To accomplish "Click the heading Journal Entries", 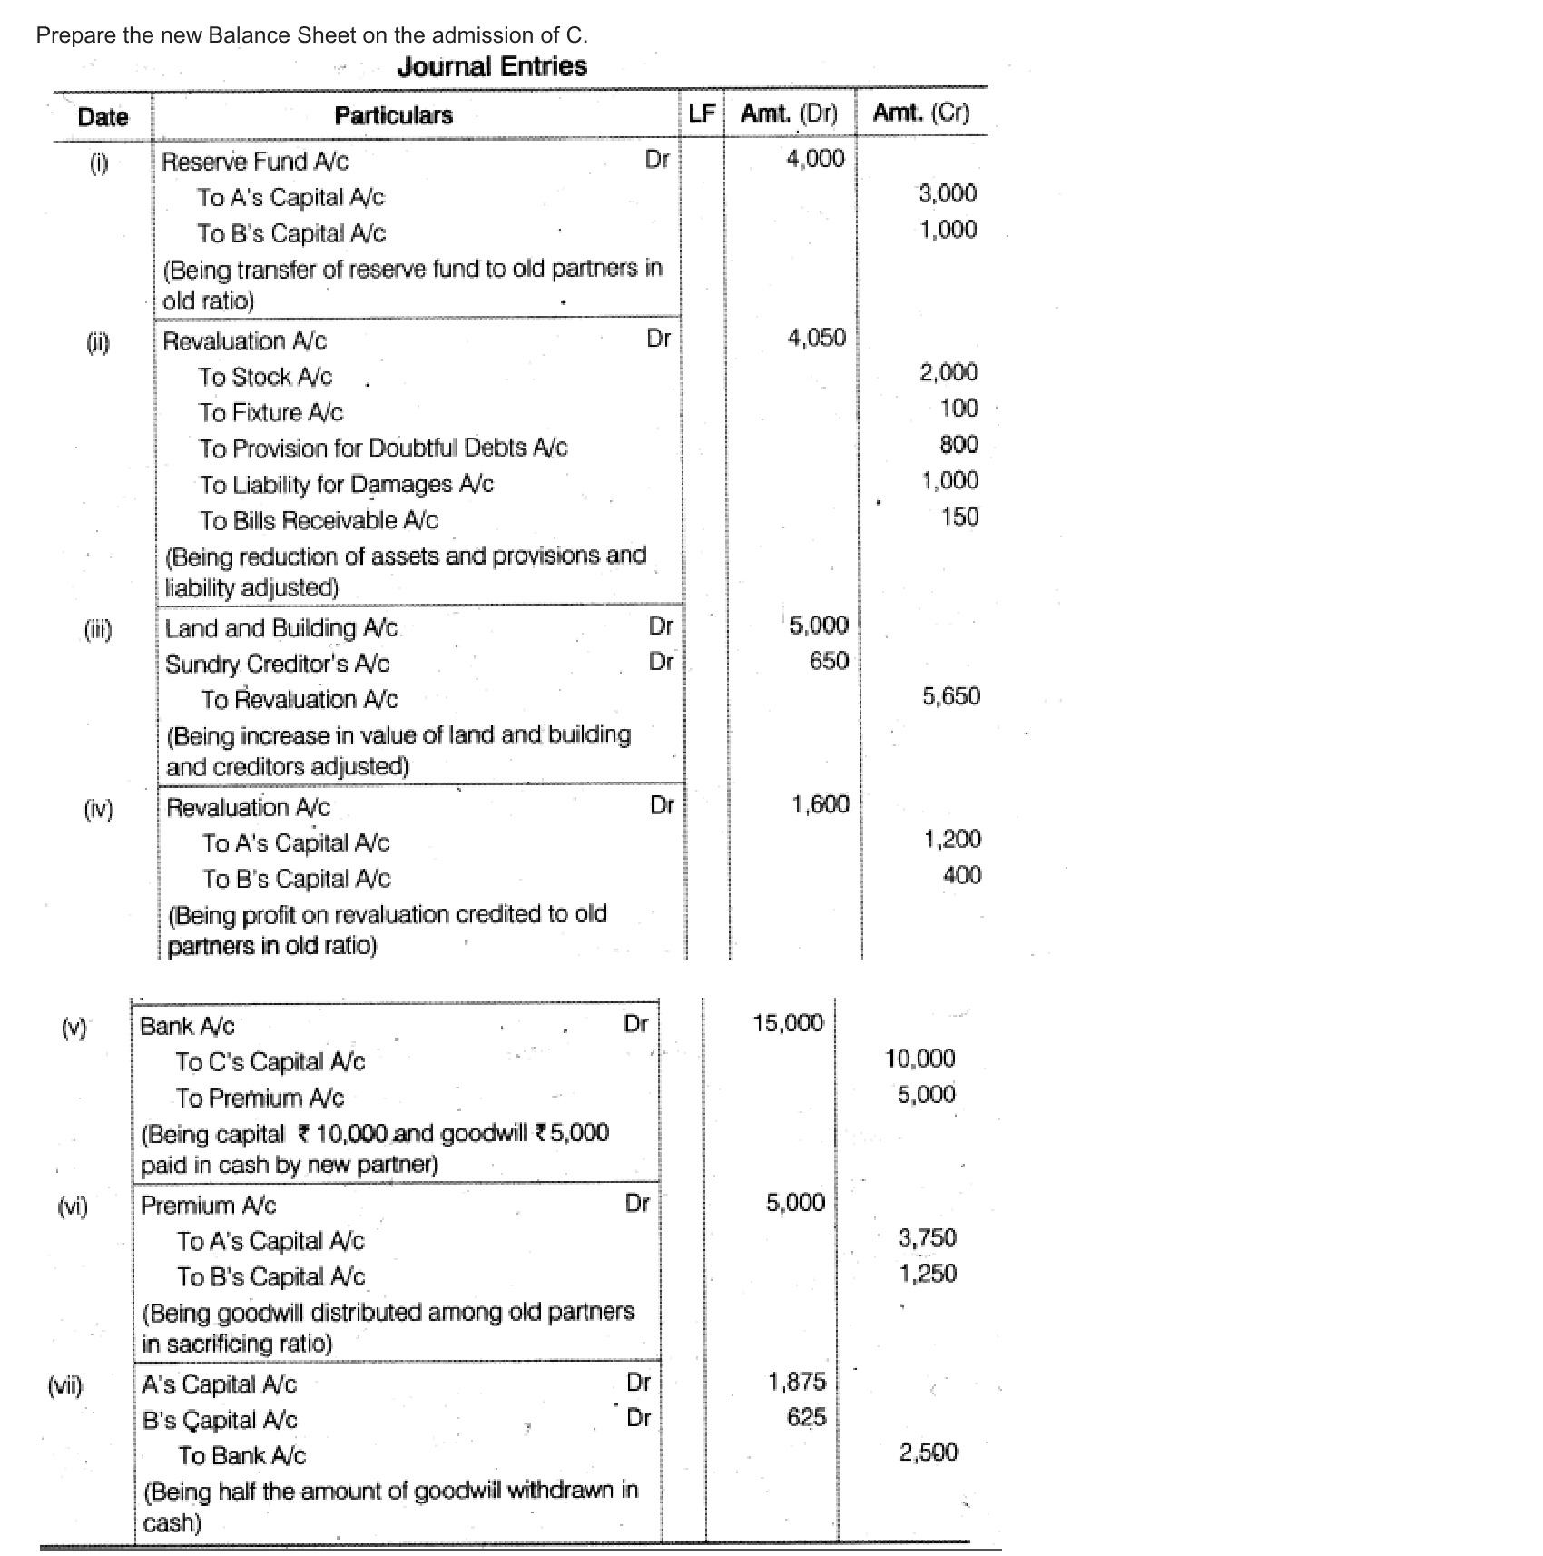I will pyautogui.click(x=492, y=66).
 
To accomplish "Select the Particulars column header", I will pyautogui.click(x=393, y=115).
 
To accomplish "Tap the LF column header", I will pyautogui.click(x=702, y=113).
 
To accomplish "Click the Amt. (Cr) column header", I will pyautogui.click(x=920, y=113).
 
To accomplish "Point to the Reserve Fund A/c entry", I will pyautogui.click(x=255, y=162).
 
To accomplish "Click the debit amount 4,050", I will pyautogui.click(x=816, y=339).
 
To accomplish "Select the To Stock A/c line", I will pyautogui.click(x=265, y=377).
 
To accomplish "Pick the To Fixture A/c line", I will pyautogui.click(x=270, y=413).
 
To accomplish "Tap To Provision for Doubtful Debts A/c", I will pyautogui.click(x=383, y=448).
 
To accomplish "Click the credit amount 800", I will pyautogui.click(x=958, y=445).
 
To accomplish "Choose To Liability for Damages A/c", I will pyautogui.click(x=347, y=485).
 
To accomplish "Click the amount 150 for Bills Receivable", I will pyautogui.click(x=959, y=517).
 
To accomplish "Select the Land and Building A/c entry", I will pyautogui.click(x=281, y=628).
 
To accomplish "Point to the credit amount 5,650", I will pyautogui.click(x=950, y=697).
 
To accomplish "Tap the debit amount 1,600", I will pyautogui.click(x=820, y=805).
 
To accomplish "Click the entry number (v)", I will pyautogui.click(x=74, y=1028).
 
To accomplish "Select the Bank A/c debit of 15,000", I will pyautogui.click(x=787, y=1024).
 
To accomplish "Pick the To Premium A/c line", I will pyautogui.click(x=260, y=1098).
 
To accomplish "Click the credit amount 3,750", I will pyautogui.click(x=927, y=1238).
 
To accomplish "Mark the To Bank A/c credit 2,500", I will pyautogui.click(x=928, y=1453).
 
